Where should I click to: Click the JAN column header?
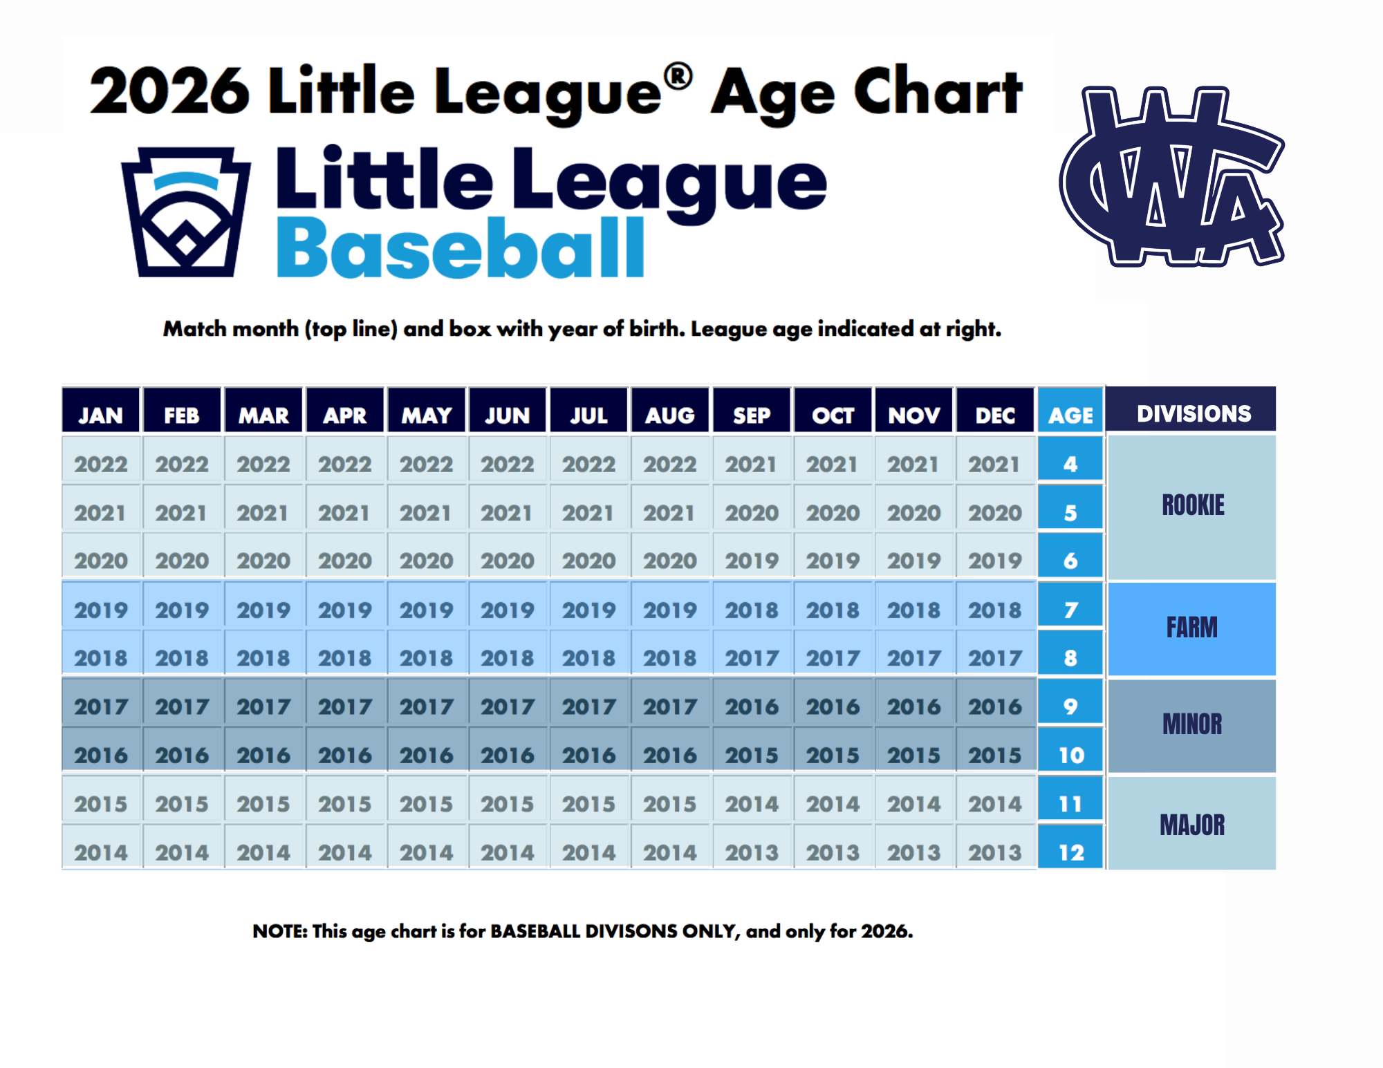[x=101, y=415]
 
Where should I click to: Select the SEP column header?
[x=752, y=415]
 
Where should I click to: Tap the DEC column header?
[x=995, y=415]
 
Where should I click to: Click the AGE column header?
[x=1070, y=415]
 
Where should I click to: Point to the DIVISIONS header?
[x=1194, y=413]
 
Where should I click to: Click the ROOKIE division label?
[x=1193, y=505]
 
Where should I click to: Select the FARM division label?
[x=1192, y=628]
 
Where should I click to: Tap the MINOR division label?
[x=1192, y=724]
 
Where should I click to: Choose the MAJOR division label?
[x=1192, y=825]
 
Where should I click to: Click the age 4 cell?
[x=1070, y=464]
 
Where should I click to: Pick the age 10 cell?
[x=1070, y=755]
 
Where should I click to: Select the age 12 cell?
[x=1070, y=852]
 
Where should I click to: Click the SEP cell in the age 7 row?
[x=752, y=610]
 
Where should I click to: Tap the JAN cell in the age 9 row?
[x=101, y=706]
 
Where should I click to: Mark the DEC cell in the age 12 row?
[x=995, y=852]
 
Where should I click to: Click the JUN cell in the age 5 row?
[x=507, y=513]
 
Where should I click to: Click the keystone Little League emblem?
[x=185, y=212]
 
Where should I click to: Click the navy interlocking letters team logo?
[x=1171, y=177]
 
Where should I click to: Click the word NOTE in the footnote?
[x=279, y=931]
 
